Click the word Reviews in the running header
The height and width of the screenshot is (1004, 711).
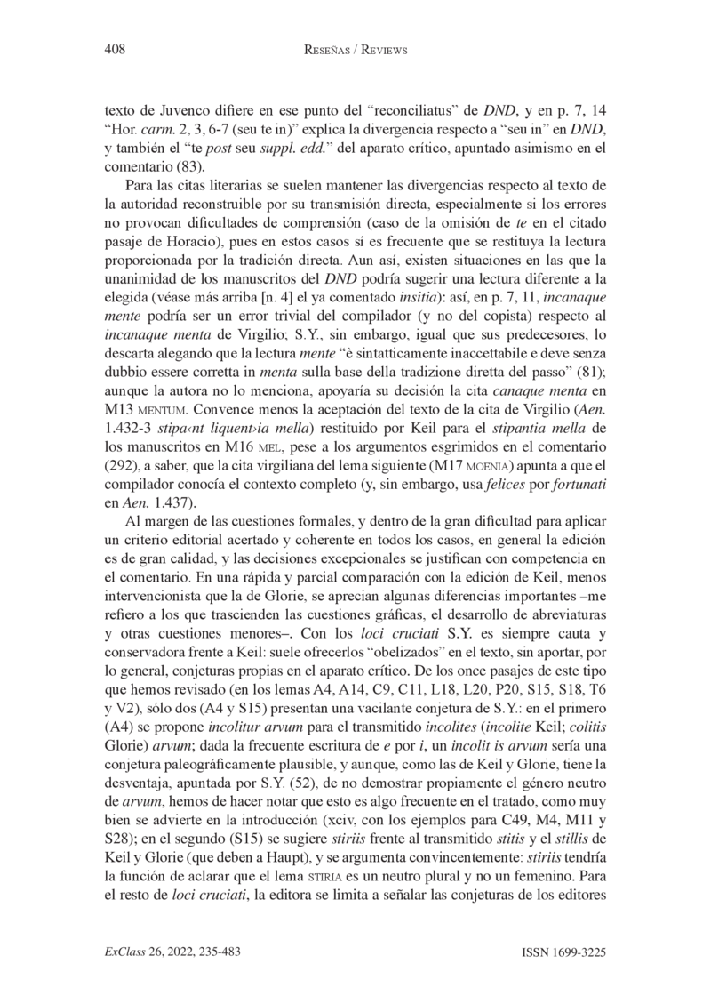(381, 51)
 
